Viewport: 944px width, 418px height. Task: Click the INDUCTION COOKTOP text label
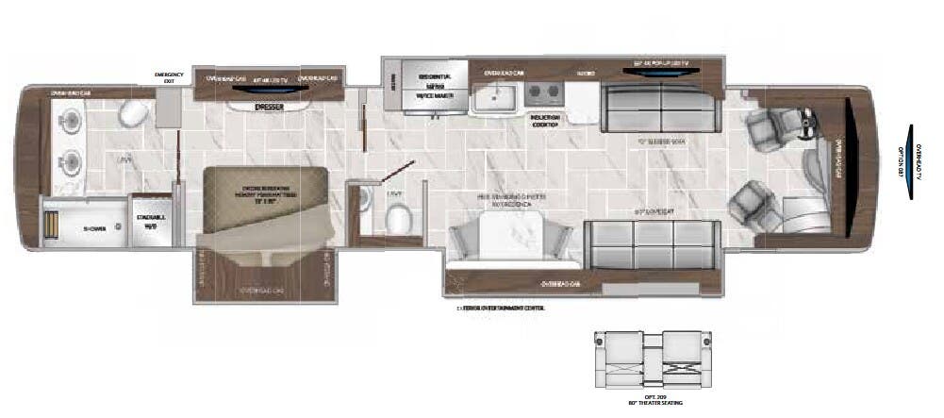coord(546,120)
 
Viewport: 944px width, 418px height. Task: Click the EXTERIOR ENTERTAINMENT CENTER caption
coord(502,308)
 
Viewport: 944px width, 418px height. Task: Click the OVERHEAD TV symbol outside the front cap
coord(911,161)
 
